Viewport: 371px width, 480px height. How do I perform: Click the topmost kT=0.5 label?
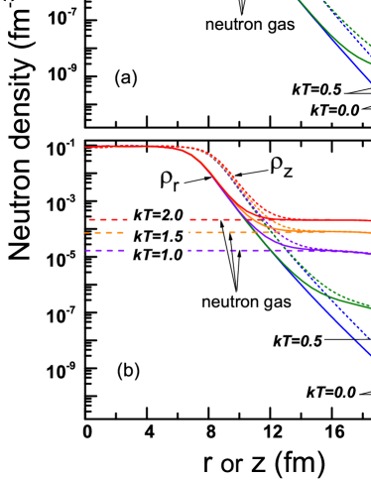tap(316, 89)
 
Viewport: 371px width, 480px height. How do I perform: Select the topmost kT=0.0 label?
tap(334, 110)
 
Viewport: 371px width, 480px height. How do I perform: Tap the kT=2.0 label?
tap(159, 214)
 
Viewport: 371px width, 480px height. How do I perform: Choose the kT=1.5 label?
tap(158, 235)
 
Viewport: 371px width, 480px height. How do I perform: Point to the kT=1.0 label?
tap(158, 255)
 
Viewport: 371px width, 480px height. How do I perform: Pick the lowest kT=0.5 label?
tap(298, 341)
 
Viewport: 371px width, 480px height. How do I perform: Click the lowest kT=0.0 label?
tap(331, 392)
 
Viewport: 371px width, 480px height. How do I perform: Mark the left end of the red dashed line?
tap(89, 220)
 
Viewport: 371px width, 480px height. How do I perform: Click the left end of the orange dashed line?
tap(86, 232)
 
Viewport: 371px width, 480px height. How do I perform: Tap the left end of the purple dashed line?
tap(86, 250)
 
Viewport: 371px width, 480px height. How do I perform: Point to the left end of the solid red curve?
tap(86, 147)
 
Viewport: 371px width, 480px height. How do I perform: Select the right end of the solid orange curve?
tap(369, 234)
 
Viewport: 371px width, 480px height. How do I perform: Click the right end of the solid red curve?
tap(369, 221)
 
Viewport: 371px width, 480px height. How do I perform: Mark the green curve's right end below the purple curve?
tap(369, 306)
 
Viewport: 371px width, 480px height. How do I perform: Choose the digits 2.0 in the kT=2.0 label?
tap(171, 214)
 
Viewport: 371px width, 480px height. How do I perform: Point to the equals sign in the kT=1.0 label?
tap(153, 255)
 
